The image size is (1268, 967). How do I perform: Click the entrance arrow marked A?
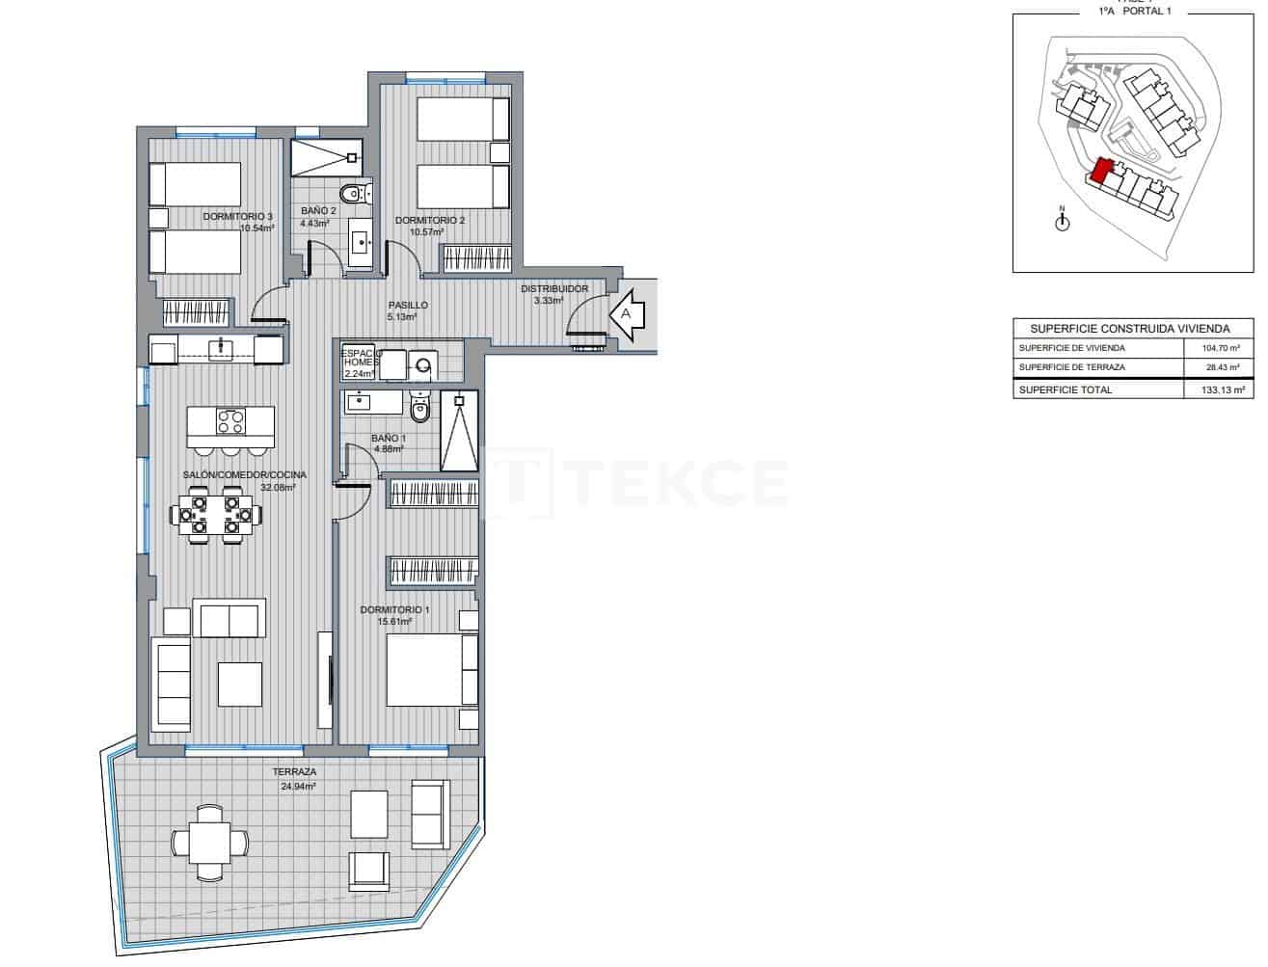[627, 314]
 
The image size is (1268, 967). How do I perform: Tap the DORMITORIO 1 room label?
[394, 609]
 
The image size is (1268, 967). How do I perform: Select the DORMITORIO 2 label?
[430, 221]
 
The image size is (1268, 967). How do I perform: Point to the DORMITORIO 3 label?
[237, 217]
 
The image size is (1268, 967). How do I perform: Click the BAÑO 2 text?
[318, 210]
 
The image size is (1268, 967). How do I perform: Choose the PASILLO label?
[408, 305]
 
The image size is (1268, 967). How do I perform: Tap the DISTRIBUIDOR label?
[554, 288]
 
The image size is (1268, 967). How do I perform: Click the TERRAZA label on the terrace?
[294, 772]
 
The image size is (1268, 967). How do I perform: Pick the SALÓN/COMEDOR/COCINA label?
[245, 474]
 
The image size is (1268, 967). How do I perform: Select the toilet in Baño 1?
[419, 410]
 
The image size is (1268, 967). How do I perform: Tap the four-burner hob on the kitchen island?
[231, 421]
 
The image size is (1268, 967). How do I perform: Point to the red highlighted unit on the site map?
[1102, 172]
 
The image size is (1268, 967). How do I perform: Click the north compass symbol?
[1062, 222]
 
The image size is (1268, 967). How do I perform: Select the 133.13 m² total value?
[1221, 389]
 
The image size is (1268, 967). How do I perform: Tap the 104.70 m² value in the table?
[1221, 348]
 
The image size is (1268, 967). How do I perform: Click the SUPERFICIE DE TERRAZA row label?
[1071, 368]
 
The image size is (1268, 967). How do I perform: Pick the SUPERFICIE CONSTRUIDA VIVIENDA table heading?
[1130, 328]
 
